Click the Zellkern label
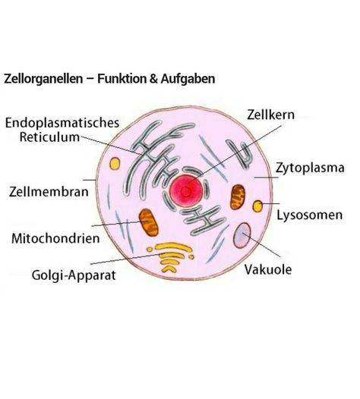[x=270, y=115]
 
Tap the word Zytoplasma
[x=310, y=168]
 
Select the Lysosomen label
[x=310, y=215]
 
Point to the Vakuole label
[x=268, y=269]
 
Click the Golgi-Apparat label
[x=74, y=275]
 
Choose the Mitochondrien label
[x=55, y=239]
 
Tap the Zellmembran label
[x=49, y=192]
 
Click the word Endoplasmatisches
[x=62, y=123]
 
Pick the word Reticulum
[x=49, y=137]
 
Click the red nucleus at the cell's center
[x=186, y=191]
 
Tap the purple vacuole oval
[x=242, y=235]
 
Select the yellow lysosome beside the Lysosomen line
[x=257, y=206]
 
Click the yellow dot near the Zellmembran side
[x=115, y=163]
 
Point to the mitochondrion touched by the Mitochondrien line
[x=149, y=222]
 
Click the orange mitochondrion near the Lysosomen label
[x=238, y=197]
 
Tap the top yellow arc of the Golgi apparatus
[x=173, y=247]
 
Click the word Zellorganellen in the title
[x=43, y=79]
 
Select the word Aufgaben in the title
[x=188, y=79]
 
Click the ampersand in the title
[x=153, y=79]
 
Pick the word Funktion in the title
[x=122, y=78]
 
